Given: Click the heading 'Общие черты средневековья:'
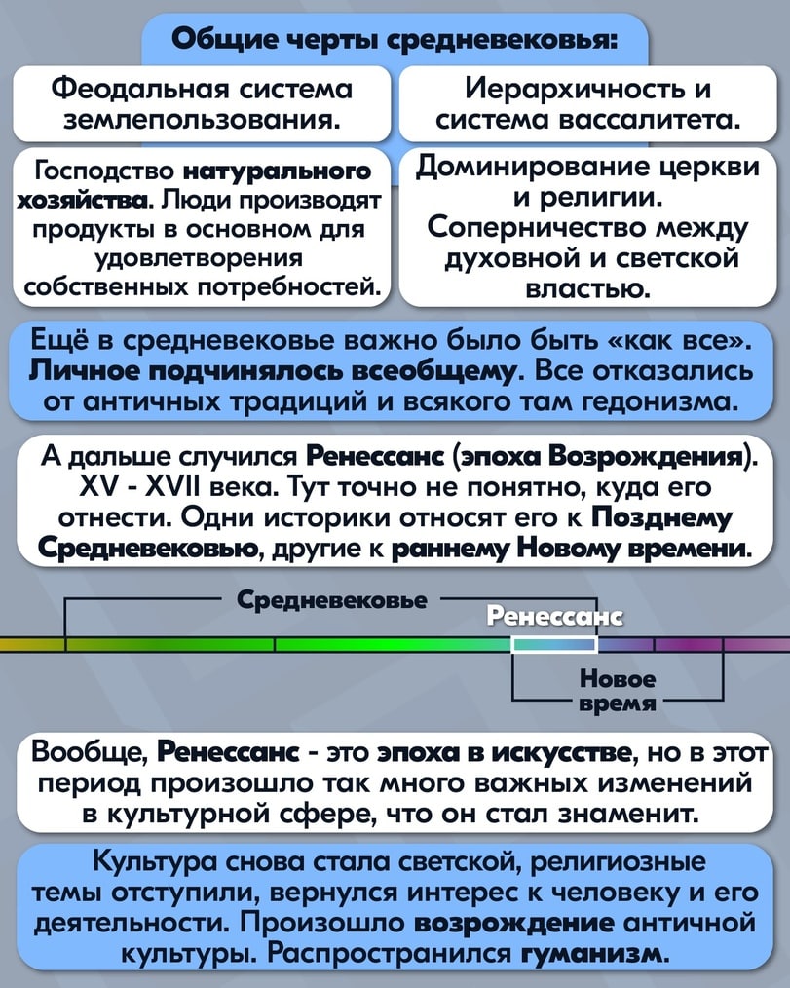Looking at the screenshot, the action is point(395,40).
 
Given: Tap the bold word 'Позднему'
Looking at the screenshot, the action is point(662,518).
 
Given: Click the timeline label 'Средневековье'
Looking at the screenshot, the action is point(332,600).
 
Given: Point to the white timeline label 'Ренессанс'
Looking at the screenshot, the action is point(555,616).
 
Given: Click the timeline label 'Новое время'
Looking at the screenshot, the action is point(618,691).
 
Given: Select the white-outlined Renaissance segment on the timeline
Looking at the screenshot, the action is point(554,644).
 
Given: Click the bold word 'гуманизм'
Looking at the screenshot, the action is point(595,953).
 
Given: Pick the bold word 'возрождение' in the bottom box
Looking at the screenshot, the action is point(514,923).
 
